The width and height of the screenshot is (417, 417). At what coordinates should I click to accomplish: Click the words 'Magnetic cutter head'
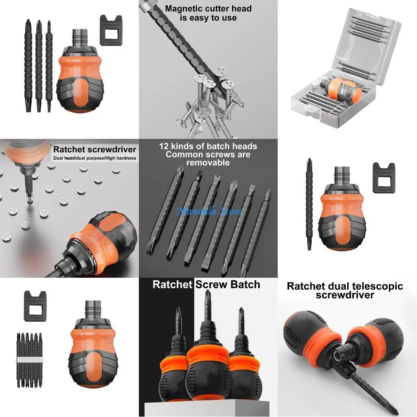208,9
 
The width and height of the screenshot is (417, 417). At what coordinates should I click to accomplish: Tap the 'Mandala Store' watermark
209,211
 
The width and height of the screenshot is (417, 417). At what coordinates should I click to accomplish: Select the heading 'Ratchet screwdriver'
94,149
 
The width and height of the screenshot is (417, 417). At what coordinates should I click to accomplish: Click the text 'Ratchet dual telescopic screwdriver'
345,290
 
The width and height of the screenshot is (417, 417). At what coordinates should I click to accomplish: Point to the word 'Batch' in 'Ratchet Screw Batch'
244,284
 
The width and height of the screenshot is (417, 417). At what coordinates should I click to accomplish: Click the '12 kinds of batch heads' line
208,146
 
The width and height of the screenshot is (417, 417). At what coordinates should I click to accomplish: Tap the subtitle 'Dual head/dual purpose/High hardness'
94,158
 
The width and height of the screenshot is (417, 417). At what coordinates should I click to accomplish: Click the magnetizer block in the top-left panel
111,31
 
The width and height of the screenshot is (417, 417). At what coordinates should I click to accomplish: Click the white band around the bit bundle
29,360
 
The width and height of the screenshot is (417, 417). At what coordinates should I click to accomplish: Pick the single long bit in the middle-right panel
309,204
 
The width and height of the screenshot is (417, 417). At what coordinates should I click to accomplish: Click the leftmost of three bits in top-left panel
28,65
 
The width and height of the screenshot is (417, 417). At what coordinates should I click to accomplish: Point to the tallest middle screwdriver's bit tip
208,294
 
